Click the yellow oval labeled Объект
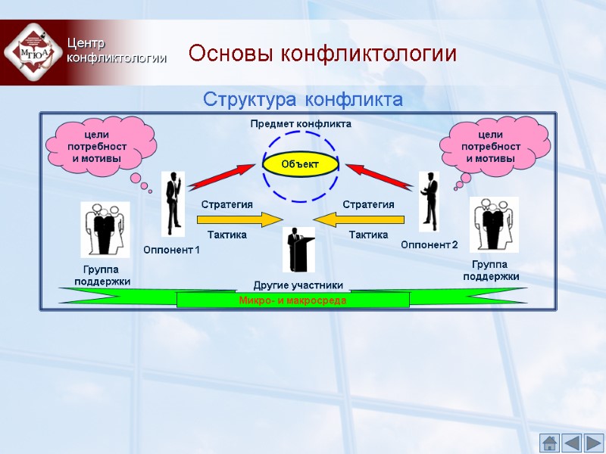click(301, 163)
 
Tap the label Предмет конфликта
click(301, 123)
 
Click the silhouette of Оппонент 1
click(173, 203)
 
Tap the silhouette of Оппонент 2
click(430, 201)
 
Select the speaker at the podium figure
click(298, 249)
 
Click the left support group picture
click(105, 229)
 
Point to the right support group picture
click(494, 224)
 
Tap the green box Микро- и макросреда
click(292, 300)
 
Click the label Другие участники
click(298, 285)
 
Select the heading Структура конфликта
click(301, 100)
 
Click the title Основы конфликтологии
click(323, 54)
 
